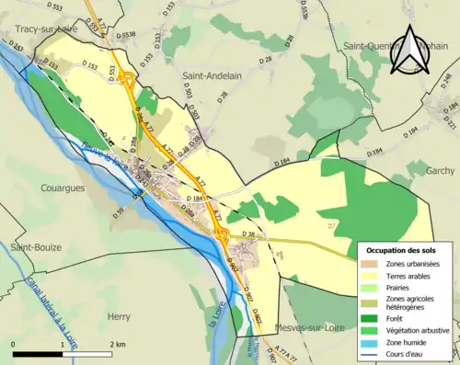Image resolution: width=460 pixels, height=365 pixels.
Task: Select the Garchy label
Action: click(441, 171)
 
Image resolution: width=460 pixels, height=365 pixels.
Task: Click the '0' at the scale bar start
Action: click(14, 344)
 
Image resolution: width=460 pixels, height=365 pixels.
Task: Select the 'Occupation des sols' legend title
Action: click(403, 250)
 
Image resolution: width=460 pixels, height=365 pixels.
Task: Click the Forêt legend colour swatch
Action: click(373, 319)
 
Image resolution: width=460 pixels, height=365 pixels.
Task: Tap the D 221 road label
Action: click(451, 128)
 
